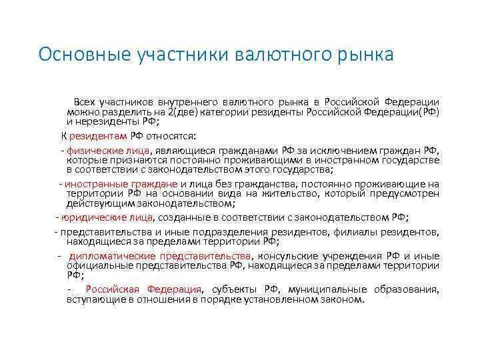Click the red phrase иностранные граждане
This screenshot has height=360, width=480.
pyautogui.click(x=121, y=184)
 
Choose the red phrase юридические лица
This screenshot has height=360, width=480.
pyautogui.click(x=107, y=217)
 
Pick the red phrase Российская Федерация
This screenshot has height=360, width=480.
pyautogui.click(x=143, y=289)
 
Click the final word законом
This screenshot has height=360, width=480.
pyautogui.click(x=346, y=299)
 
